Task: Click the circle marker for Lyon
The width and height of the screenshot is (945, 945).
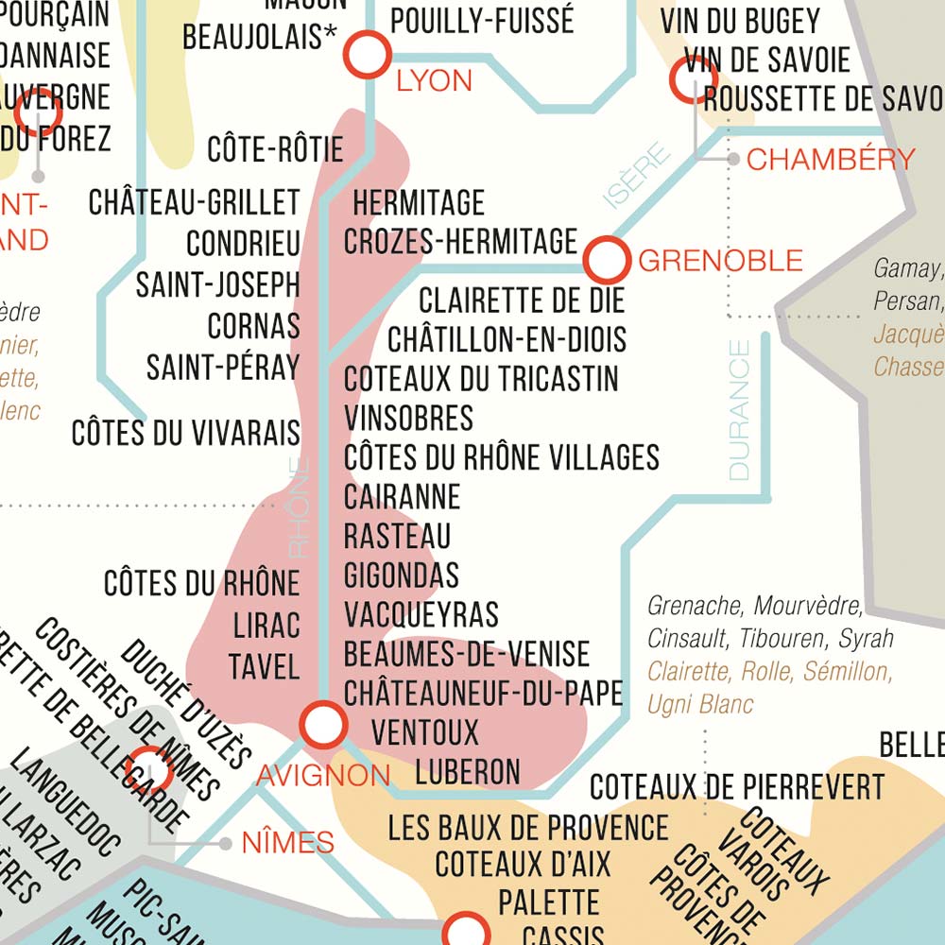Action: coord(367,54)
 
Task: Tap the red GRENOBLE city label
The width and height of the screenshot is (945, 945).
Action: coord(720,260)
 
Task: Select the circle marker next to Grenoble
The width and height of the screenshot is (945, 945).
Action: coord(606,260)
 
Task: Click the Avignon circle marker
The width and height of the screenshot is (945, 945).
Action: coord(323,725)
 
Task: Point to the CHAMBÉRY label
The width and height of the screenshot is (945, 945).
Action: coord(831,159)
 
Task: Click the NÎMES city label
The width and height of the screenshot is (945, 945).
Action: coord(288,842)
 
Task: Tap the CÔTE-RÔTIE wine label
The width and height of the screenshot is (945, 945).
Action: coord(275,149)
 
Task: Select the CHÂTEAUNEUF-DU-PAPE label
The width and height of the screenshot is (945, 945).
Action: coord(483,693)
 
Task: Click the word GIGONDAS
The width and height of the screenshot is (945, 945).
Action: coord(402,575)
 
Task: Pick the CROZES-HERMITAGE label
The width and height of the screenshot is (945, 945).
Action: coord(460,241)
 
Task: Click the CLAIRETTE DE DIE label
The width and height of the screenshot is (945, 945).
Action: coord(522,301)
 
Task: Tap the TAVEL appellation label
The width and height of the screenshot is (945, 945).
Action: coord(264,666)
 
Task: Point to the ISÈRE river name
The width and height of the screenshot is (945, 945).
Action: coord(636,174)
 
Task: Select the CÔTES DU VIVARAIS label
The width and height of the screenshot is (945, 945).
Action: coord(185,433)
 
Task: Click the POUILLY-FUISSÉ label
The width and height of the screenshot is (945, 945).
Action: coord(482,20)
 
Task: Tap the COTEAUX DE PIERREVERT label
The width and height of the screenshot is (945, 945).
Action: coord(737,786)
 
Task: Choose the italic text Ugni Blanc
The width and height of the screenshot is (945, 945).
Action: coord(700,704)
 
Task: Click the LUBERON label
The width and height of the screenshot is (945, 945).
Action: coord(468,771)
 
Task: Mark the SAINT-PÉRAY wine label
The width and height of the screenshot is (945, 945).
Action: coord(222,367)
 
